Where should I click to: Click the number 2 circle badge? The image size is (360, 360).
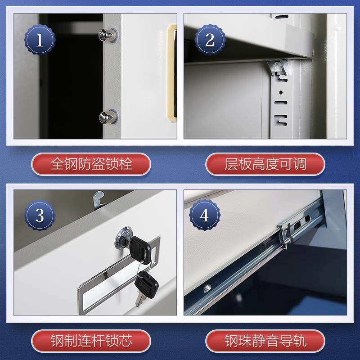(x=209, y=40)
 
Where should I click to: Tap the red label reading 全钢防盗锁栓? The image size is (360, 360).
(x=92, y=164)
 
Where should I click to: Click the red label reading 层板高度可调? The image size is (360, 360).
(x=265, y=164)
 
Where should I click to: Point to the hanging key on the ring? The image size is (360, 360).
(x=145, y=283)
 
